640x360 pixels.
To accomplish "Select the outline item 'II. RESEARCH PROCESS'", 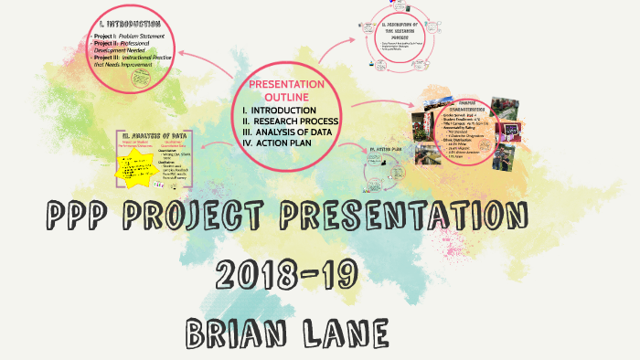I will pyautogui.click(x=292, y=122).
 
